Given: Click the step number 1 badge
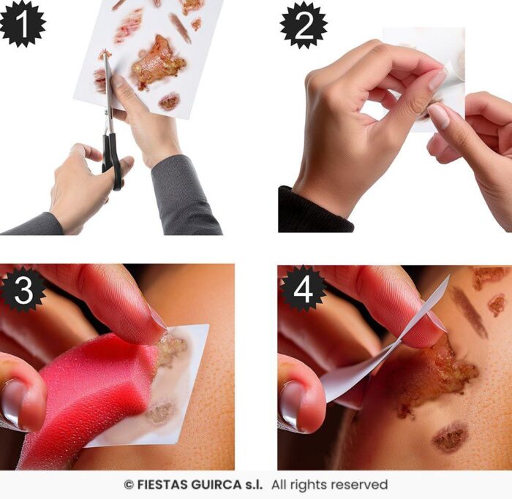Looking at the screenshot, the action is click(x=22, y=23).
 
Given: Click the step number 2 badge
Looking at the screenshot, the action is click(x=304, y=25).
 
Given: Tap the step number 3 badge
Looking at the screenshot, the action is click(x=23, y=289).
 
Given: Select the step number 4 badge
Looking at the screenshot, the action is click(x=303, y=289).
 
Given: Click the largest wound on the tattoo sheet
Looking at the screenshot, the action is click(x=159, y=63).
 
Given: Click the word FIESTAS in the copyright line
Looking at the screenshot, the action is click(x=162, y=484).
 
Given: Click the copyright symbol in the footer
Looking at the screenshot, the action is click(x=129, y=485).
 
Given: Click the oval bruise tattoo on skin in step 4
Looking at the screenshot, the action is click(x=450, y=436).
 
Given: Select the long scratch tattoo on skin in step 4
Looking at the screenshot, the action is click(x=469, y=311).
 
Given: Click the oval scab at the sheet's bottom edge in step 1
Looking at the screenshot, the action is click(x=169, y=101).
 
